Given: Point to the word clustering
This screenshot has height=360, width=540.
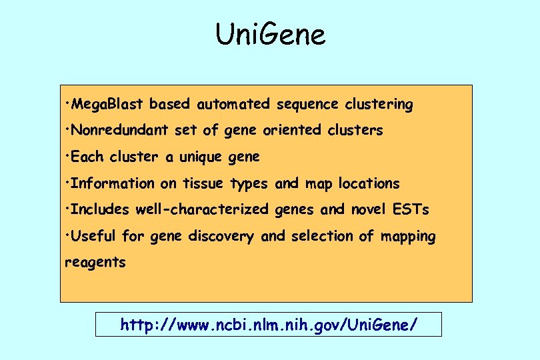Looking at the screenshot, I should click(379, 105).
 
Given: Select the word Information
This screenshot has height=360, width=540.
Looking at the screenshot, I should click(113, 183).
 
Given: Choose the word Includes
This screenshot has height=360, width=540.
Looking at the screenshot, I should click(100, 209).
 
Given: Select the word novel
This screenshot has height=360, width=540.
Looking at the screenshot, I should click(367, 209).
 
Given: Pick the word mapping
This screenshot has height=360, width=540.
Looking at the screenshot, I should click(408, 236).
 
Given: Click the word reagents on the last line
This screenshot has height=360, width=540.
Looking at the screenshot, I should click(95, 263).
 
